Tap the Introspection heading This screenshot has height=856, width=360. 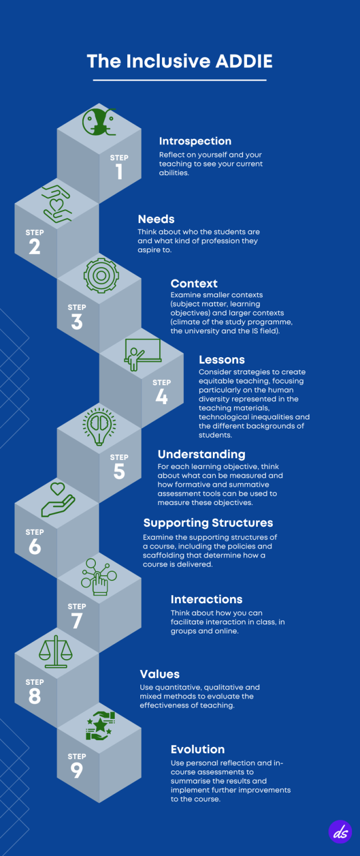[195, 142]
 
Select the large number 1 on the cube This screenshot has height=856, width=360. [119, 172]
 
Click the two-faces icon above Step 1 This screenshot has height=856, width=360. [99, 122]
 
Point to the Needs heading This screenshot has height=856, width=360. [156, 219]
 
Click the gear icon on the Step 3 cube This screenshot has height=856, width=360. [102, 276]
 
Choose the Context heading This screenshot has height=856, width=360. [194, 284]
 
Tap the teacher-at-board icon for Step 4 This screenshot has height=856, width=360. [143, 354]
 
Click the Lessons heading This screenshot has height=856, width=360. [222, 360]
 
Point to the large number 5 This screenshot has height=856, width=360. [119, 471]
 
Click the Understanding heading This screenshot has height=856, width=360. [201, 454]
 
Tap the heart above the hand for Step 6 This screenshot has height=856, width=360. [58, 488]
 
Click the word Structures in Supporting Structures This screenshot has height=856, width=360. [242, 523]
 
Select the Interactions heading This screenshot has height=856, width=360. [207, 599]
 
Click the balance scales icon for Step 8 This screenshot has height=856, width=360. [56, 652]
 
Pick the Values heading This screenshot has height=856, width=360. [159, 674]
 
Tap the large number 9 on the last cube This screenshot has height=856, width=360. [77, 770]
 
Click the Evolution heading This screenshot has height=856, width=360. [197, 749]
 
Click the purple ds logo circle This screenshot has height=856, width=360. [340, 831]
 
